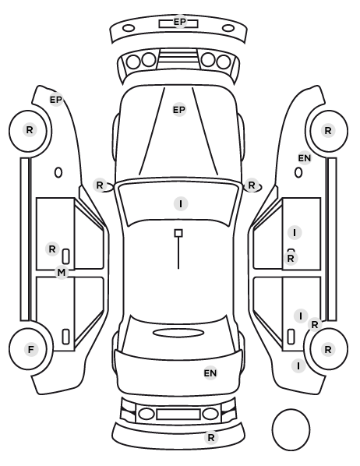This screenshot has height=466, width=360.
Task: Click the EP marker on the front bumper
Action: [179, 22]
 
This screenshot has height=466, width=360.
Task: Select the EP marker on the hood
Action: [179, 110]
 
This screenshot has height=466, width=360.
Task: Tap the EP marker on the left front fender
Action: [56, 100]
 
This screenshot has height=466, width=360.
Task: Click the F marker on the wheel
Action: [31, 349]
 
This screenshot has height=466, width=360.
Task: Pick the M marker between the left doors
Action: [62, 272]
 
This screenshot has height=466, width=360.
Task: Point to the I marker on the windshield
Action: [181, 204]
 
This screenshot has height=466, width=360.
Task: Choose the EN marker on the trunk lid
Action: [210, 372]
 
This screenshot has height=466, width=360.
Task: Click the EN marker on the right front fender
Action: [305, 158]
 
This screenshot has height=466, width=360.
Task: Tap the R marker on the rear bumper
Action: [211, 437]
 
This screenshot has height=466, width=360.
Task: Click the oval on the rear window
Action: [178, 333]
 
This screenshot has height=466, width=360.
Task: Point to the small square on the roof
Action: [178, 233]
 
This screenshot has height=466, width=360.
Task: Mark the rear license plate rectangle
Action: [178, 414]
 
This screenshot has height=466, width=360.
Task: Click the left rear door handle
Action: [65, 337]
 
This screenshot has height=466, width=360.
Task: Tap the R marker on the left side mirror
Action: [100, 185]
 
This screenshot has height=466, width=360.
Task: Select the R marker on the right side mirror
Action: [252, 185]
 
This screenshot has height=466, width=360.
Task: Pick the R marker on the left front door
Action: [52, 249]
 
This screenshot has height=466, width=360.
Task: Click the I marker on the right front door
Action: [295, 232]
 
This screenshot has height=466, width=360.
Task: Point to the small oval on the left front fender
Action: [58, 172]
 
